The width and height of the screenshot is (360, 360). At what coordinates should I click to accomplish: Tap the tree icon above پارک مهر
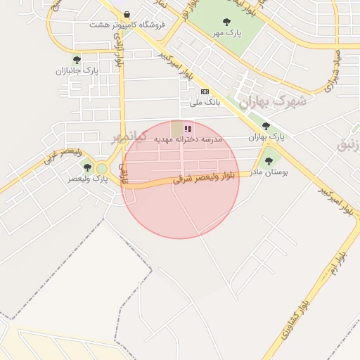(x=226, y=22)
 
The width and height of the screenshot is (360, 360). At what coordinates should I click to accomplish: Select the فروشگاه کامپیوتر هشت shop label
(x=127, y=25)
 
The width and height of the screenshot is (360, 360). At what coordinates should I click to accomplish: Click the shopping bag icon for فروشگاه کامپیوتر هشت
(x=126, y=14)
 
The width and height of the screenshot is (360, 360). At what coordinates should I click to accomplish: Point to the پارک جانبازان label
(x=77, y=71)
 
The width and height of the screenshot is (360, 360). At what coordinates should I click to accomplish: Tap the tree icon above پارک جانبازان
(x=77, y=60)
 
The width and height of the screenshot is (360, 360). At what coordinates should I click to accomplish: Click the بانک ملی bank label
(x=205, y=102)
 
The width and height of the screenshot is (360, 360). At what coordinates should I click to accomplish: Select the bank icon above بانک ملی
(x=205, y=91)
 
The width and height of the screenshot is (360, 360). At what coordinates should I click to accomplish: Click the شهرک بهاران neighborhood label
(x=273, y=101)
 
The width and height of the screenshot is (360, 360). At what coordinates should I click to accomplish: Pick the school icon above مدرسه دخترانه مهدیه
(x=188, y=129)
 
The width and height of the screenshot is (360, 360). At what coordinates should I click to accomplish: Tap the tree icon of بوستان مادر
(x=268, y=161)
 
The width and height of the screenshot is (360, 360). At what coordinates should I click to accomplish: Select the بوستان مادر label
(x=269, y=172)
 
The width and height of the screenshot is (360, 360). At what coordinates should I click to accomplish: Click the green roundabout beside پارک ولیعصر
(x=102, y=169)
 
